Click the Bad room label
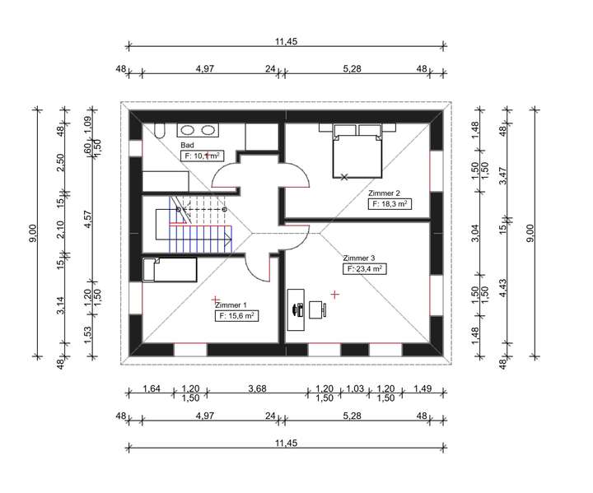[x=187, y=145]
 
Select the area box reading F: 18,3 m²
[x=390, y=204]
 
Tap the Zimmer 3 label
[x=359, y=258]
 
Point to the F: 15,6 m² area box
[x=236, y=316]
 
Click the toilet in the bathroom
[x=160, y=130]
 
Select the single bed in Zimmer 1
[x=170, y=270]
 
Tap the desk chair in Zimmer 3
[x=318, y=309]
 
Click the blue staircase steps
[x=200, y=239]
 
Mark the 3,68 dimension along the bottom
[x=257, y=388]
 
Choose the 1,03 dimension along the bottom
[x=355, y=388]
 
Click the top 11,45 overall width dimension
[x=287, y=42]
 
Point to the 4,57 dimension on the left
[x=87, y=221]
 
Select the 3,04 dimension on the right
[x=475, y=233]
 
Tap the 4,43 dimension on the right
[x=503, y=288]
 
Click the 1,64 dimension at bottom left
[x=152, y=388]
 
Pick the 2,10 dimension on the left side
[x=60, y=230]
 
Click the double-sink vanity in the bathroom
[x=198, y=130]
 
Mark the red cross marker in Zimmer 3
[x=334, y=294]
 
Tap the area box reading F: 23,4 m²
[x=365, y=269]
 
